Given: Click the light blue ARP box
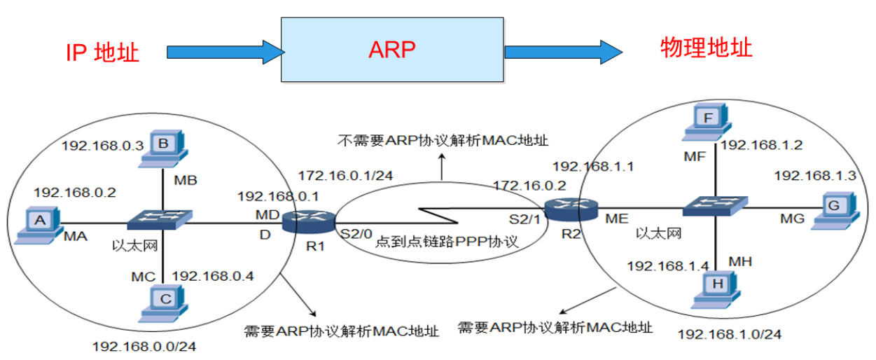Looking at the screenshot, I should tap(391, 50).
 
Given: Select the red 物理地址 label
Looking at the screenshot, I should tap(706, 48).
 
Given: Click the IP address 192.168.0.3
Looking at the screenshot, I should tap(103, 146).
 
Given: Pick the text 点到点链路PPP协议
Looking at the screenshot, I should tap(446, 242).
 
